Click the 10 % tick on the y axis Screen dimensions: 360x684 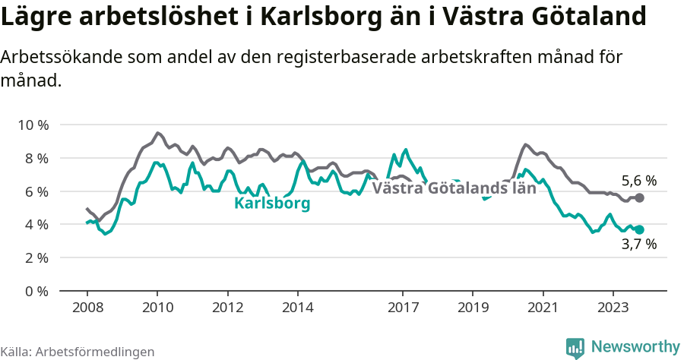[x=31, y=125]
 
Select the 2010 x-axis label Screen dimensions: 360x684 [x=157, y=308]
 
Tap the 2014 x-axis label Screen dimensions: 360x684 [x=297, y=308]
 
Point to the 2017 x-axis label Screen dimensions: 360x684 [x=402, y=308]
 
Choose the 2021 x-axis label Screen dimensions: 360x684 [x=543, y=308]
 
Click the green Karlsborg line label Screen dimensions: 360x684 [x=272, y=204]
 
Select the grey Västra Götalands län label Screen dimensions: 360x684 [x=454, y=188]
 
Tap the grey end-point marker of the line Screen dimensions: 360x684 [x=639, y=197]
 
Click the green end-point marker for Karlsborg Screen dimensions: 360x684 [x=639, y=229]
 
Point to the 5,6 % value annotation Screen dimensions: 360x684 [x=638, y=181]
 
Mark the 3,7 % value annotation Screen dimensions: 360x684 [x=638, y=245]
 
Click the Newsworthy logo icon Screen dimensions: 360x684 [x=575, y=347]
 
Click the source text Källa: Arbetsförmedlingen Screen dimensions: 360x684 [x=78, y=352]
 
